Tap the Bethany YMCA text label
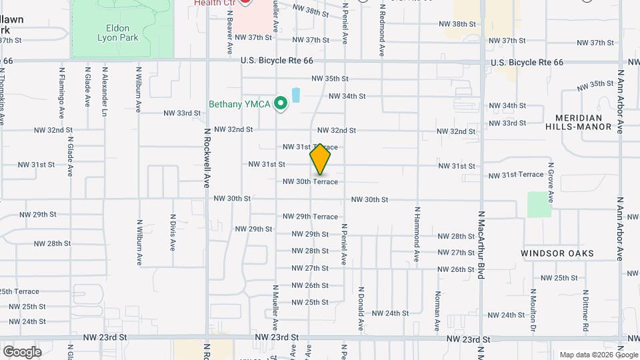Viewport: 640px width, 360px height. click(240, 104)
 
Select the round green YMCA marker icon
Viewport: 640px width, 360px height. click(281, 103)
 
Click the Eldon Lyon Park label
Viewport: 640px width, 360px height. click(121, 33)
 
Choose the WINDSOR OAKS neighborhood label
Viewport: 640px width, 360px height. click(557, 253)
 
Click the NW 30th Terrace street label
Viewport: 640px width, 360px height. click(310, 181)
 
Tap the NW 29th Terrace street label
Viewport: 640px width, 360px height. click(310, 217)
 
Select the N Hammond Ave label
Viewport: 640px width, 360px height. click(417, 233)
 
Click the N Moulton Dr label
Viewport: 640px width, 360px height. click(533, 311)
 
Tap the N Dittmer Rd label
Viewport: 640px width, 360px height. click(585, 311)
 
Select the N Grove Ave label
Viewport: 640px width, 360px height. click(551, 182)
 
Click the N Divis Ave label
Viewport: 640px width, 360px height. click(173, 232)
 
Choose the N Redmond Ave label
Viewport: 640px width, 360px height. click(382, 31)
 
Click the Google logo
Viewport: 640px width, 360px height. click(22, 352)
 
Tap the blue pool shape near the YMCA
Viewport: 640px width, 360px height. click(296, 95)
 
